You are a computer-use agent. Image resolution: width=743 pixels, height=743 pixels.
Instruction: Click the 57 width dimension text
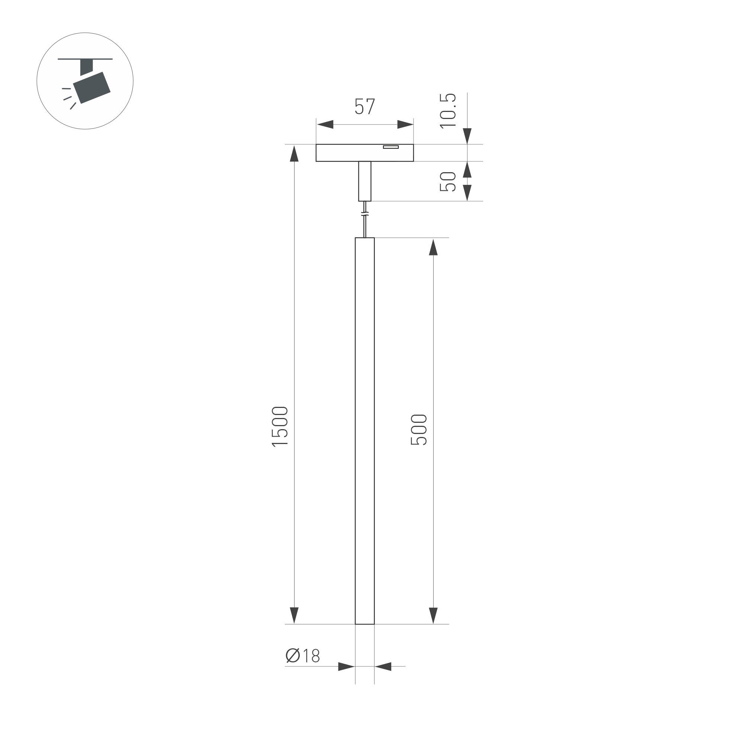tap(364, 107)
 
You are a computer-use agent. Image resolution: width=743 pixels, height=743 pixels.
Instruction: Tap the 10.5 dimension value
tap(448, 111)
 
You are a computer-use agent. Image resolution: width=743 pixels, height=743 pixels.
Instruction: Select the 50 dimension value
tap(448, 181)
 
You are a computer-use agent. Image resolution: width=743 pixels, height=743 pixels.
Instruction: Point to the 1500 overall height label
tap(280, 427)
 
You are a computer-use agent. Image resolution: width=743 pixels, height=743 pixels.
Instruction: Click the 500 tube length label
tap(419, 430)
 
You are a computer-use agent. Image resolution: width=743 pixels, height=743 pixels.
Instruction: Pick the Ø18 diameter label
tap(303, 656)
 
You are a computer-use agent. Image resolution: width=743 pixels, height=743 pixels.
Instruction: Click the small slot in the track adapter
tap(391, 147)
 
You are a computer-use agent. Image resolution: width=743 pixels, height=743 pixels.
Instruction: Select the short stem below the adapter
tap(364, 181)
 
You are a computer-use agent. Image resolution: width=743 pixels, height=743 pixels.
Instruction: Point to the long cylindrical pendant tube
tap(364, 423)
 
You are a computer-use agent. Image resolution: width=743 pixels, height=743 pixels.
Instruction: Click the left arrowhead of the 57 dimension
tap(325, 125)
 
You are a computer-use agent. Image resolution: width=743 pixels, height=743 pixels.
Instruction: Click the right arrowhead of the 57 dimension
tap(405, 125)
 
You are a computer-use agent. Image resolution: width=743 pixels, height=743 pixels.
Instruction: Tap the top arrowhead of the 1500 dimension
tap(294, 154)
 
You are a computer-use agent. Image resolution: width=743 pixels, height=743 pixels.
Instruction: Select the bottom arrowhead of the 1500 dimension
tap(294, 615)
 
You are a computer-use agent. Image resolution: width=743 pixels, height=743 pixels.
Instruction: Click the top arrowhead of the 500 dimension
tap(434, 247)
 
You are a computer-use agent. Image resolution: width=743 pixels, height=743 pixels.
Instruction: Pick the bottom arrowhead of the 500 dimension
tap(434, 615)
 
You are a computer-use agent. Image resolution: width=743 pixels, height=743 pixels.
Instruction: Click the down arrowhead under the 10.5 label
tap(467, 136)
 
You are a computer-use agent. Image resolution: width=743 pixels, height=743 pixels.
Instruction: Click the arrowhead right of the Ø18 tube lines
tap(383, 666)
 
